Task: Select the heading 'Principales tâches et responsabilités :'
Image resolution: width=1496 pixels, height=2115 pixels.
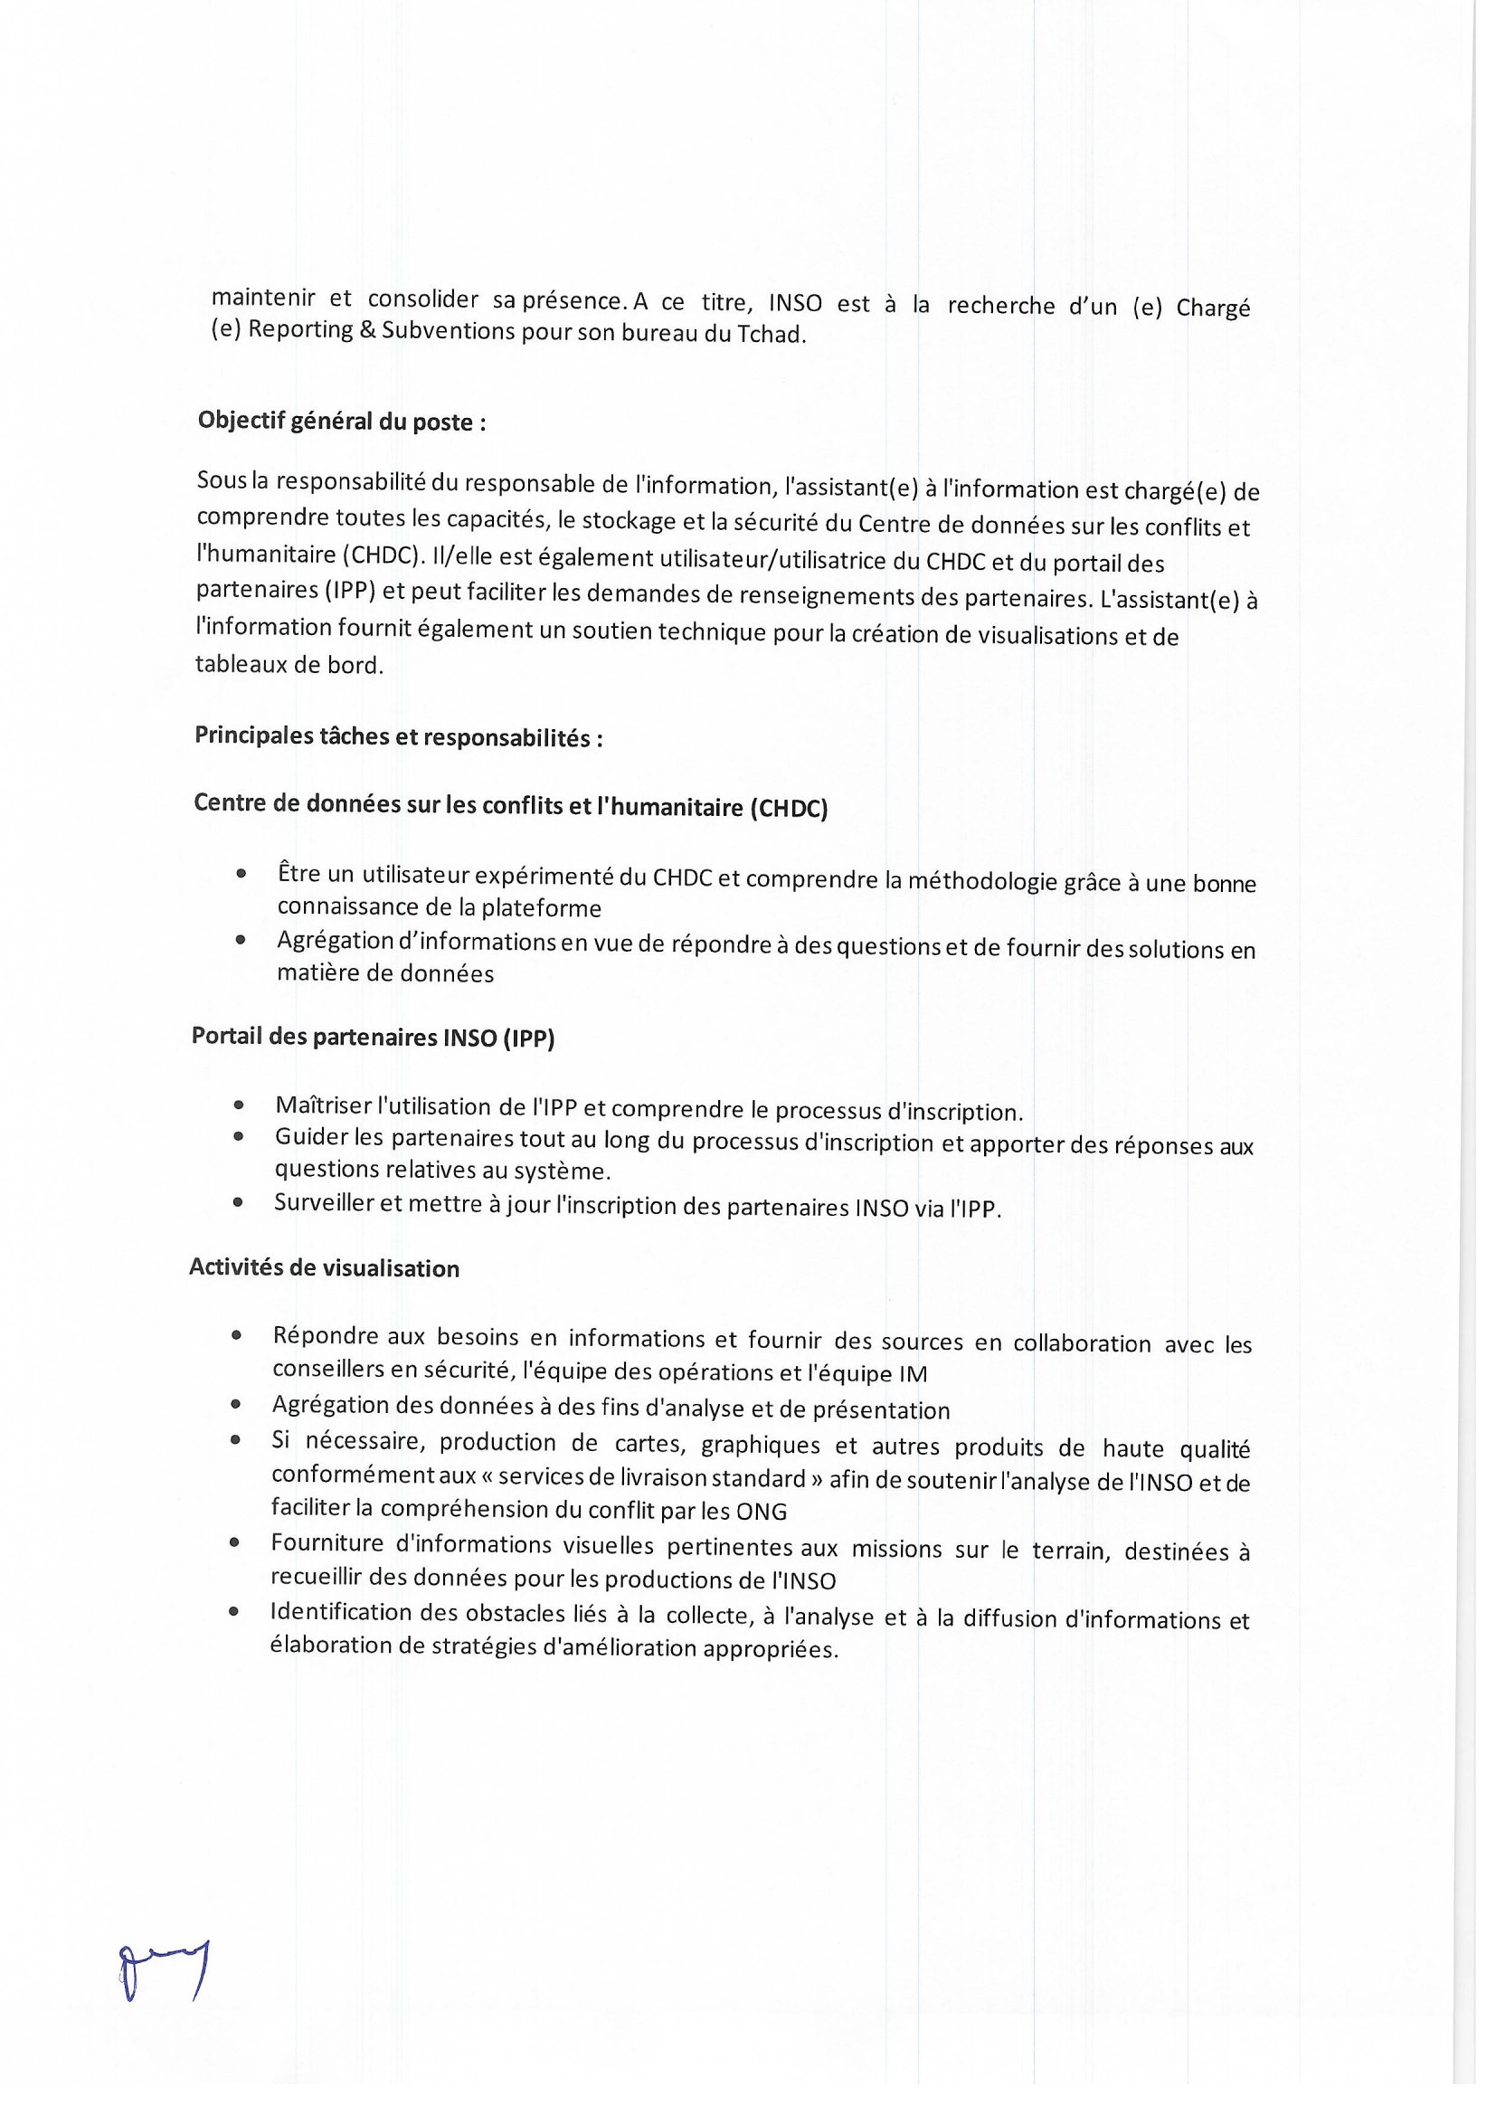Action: [x=399, y=738]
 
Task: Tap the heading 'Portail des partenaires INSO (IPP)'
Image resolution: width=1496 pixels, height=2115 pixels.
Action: [x=373, y=1038]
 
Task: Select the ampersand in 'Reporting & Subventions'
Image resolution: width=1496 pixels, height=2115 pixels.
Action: [x=366, y=330]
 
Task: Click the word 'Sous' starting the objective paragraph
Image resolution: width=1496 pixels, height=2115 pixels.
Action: [x=216, y=480]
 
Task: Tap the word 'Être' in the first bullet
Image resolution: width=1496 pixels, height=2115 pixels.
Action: [x=297, y=872]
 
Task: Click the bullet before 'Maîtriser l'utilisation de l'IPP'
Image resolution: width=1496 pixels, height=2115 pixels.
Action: [x=240, y=1105]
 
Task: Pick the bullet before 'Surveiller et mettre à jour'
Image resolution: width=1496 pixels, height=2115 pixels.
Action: [x=239, y=1202]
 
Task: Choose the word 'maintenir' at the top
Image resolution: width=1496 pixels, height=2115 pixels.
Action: [x=263, y=298]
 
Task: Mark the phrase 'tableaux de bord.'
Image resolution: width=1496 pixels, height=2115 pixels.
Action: [x=289, y=664]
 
